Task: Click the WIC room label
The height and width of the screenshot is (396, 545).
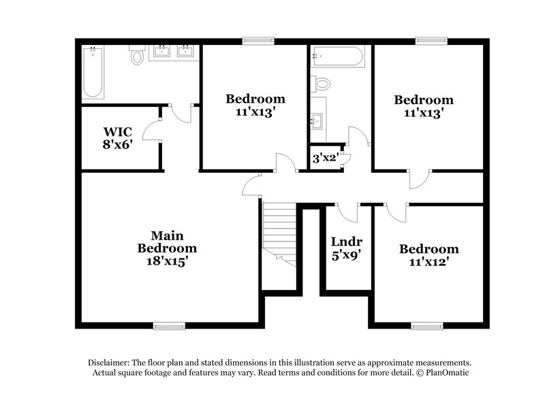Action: tap(116, 131)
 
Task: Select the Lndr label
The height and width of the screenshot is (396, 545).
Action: tap(346, 242)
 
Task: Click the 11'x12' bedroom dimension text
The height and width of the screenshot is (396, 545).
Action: tap(429, 261)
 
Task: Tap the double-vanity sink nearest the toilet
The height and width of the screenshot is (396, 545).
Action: tap(162, 51)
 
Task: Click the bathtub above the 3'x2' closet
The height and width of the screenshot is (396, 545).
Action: tap(339, 55)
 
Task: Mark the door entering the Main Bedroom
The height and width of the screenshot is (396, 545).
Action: tap(252, 185)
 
